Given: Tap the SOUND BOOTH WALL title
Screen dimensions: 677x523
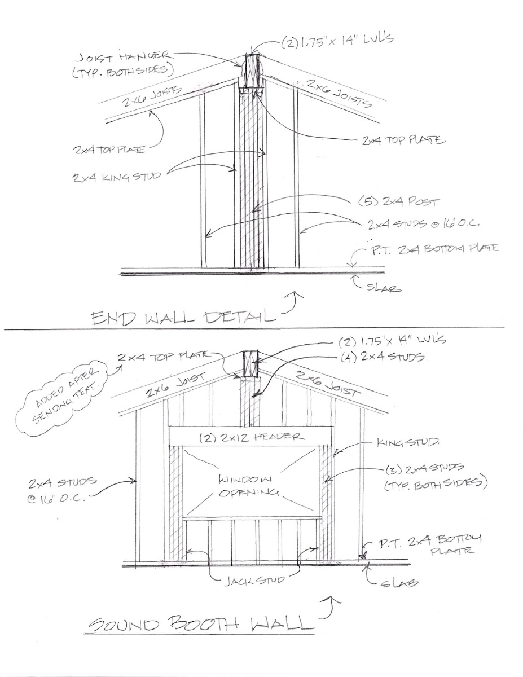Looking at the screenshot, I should pyautogui.click(x=201, y=623).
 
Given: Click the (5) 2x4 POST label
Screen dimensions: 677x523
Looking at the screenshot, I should pyautogui.click(x=399, y=201).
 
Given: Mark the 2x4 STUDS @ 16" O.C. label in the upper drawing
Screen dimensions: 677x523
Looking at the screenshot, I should pyautogui.click(x=423, y=225).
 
